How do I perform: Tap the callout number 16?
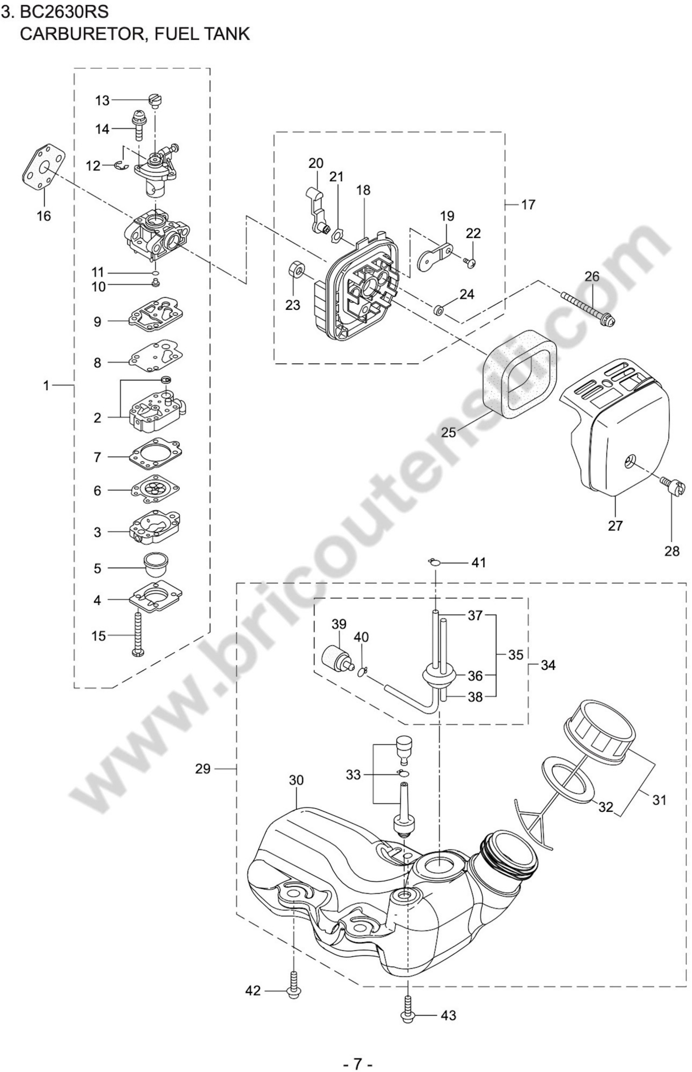click(44, 216)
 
